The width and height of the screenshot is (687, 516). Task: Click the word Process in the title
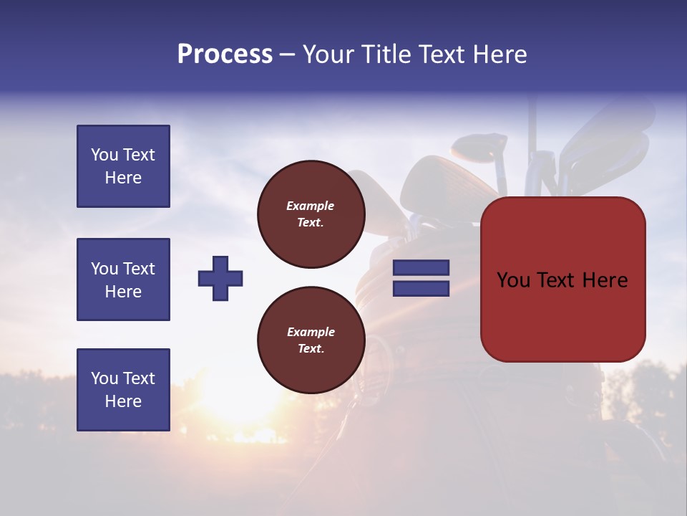[225, 54]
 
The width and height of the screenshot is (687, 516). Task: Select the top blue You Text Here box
[123, 166]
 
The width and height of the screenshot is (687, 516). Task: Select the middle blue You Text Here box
[123, 279]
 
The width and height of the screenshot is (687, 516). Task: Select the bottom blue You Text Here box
[123, 390]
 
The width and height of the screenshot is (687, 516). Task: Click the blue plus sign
[220, 279]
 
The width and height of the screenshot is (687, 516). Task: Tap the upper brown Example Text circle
[311, 214]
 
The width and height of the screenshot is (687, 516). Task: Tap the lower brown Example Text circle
[311, 340]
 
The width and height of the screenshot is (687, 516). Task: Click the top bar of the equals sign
[421, 268]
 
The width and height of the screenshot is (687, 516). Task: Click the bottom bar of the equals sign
[421, 289]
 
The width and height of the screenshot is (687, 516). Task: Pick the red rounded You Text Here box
[562, 279]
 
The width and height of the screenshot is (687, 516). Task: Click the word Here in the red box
[605, 279]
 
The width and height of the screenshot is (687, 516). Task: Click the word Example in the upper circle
[311, 206]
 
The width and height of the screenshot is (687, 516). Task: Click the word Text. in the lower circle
[311, 349]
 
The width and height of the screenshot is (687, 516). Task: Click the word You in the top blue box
[104, 155]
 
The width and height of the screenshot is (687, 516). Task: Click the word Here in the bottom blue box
[123, 401]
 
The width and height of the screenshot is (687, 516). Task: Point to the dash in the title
[288, 55]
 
